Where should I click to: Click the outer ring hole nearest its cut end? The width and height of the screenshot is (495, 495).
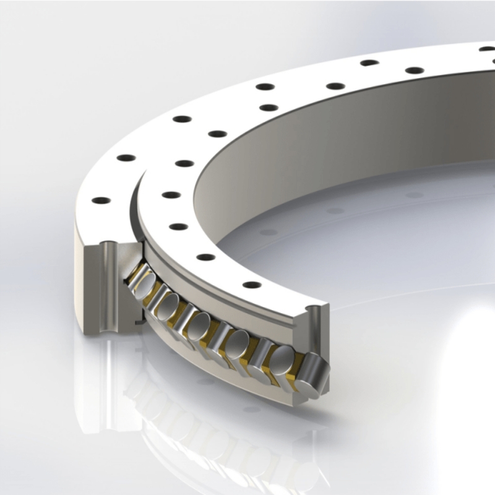(100, 200)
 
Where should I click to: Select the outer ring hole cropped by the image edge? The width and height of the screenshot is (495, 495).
(488, 48)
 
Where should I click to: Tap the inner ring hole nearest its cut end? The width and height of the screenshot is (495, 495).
(252, 285)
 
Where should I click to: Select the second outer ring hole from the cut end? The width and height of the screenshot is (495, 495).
(126, 157)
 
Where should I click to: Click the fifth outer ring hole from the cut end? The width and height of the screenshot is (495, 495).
(369, 62)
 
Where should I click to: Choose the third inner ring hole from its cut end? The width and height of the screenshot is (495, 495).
(178, 226)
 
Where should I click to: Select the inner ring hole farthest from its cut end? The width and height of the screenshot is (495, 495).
(415, 70)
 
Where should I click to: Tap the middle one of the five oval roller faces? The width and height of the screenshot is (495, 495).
(199, 322)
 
